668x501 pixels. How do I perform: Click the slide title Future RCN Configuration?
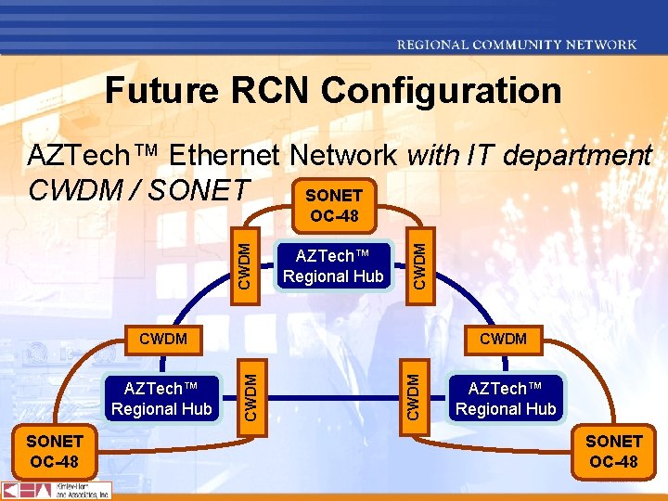point(333,91)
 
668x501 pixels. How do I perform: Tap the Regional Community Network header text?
point(517,44)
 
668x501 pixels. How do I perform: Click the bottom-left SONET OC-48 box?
point(54,451)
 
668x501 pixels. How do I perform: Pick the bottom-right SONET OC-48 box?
point(613,451)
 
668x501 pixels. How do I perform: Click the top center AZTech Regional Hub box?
point(333,265)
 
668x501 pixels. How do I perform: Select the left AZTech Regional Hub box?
point(161,398)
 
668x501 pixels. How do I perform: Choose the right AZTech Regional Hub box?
point(506,398)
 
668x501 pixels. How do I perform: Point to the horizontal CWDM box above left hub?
point(162,339)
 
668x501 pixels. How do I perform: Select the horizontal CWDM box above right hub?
point(503,339)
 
